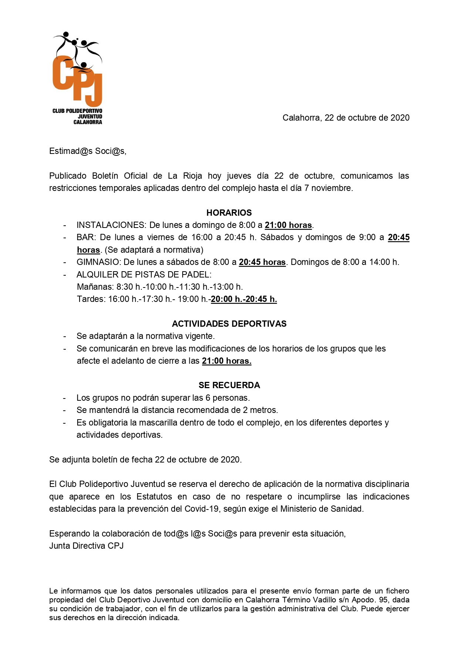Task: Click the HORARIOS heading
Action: coord(229,213)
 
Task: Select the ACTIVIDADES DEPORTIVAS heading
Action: coord(229,324)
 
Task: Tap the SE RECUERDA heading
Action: coord(229,385)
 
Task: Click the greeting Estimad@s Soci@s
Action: coord(88,151)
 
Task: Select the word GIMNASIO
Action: coord(98,262)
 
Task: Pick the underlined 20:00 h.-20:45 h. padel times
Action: coord(244,299)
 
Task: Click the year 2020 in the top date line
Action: coord(400,118)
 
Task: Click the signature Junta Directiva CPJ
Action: coord(86,546)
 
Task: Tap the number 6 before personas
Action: coord(208,398)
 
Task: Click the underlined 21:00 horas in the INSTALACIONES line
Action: coord(288,225)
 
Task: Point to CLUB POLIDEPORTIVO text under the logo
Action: coord(77,111)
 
